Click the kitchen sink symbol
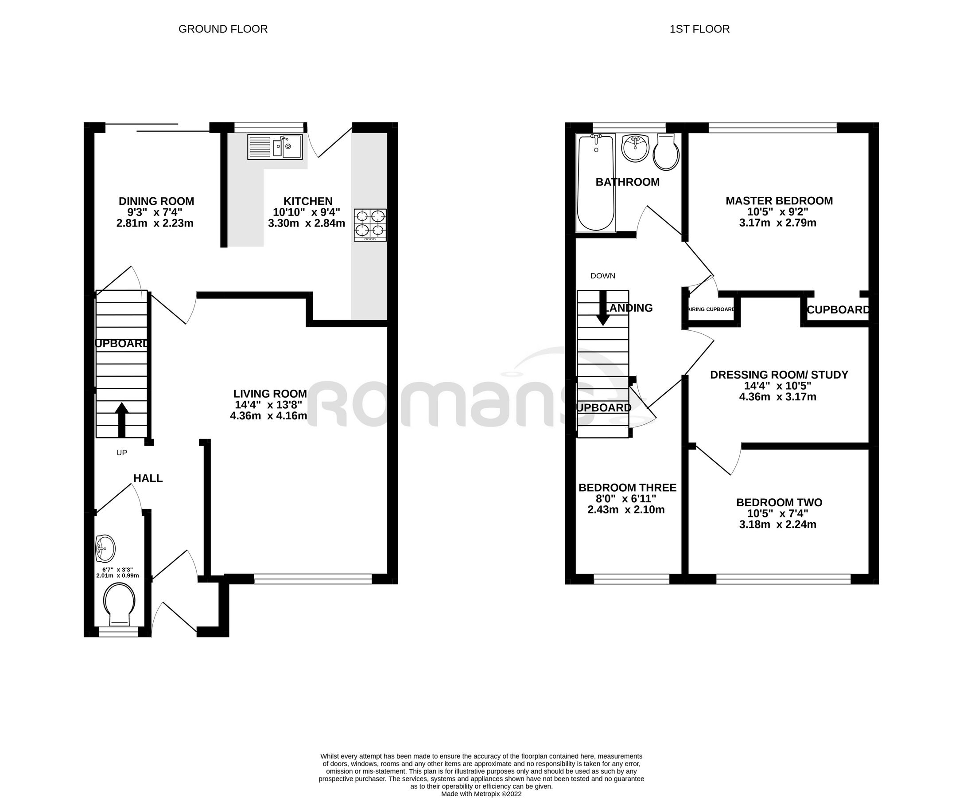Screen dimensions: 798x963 (x=275, y=147)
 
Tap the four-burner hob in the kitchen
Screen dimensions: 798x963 (x=369, y=225)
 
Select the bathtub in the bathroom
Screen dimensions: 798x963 (x=596, y=182)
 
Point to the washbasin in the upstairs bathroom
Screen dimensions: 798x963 (x=635, y=148)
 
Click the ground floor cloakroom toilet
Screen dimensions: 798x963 (x=119, y=604)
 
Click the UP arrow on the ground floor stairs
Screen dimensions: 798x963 (x=121, y=419)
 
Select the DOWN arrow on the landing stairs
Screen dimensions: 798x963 (x=602, y=308)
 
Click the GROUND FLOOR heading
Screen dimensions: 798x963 (x=223, y=29)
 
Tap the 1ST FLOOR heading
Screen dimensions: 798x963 (x=699, y=29)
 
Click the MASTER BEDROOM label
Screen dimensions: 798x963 (x=779, y=200)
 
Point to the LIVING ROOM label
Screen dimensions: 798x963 (x=270, y=394)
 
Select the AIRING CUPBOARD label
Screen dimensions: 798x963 (x=711, y=309)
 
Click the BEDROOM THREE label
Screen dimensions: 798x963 (x=627, y=488)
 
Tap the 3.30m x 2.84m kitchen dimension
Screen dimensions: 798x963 (x=307, y=223)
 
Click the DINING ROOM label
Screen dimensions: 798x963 (x=156, y=201)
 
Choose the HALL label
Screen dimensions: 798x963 (x=148, y=478)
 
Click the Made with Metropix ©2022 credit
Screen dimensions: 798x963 (x=481, y=794)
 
